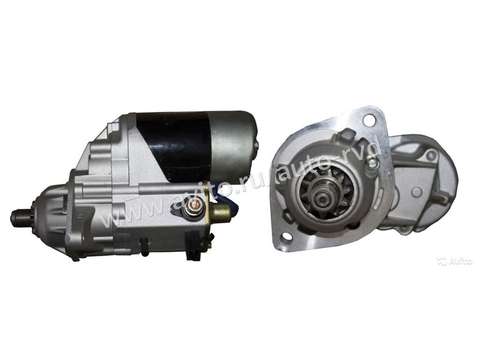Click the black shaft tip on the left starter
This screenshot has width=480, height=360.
(19, 218)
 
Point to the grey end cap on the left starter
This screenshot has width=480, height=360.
(233, 145)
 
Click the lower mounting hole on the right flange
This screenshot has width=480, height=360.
(287, 236)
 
